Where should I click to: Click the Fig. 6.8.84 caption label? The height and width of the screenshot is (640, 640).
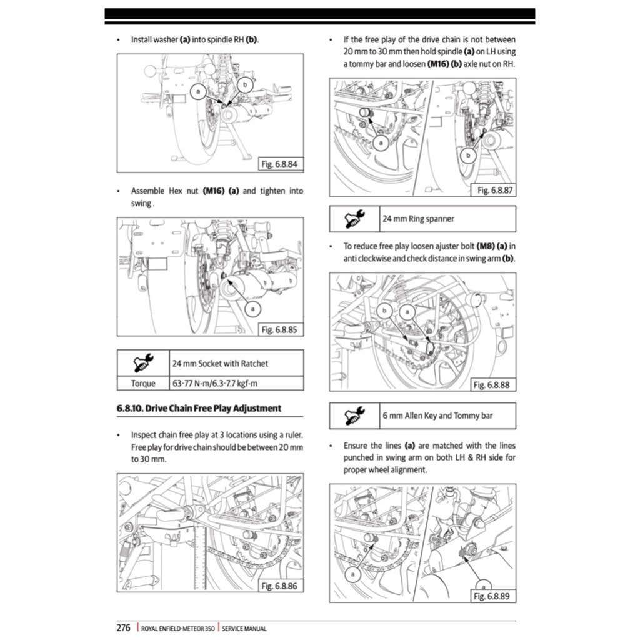click(281, 164)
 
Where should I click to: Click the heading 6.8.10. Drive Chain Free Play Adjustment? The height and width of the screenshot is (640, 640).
click(199, 408)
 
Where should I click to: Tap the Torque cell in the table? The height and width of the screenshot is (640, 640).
click(143, 383)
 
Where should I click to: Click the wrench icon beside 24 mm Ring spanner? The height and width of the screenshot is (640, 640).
click(354, 219)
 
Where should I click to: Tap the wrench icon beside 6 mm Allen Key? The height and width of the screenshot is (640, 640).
click(354, 416)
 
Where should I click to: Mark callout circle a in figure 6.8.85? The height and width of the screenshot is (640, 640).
click(252, 307)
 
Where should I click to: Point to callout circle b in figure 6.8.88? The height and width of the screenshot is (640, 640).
click(386, 311)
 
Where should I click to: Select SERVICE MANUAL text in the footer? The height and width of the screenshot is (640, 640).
click(244, 629)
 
